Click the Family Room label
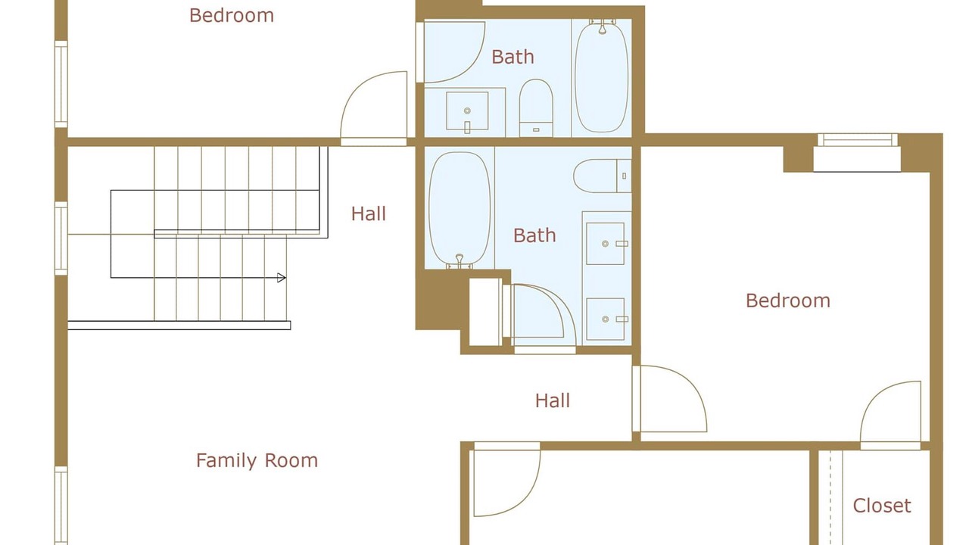257,461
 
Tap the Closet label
882,506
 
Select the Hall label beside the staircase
368,213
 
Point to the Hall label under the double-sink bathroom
553,400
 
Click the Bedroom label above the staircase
232,16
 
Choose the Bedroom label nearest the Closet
788,301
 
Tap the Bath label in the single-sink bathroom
513,57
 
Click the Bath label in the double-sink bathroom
534,235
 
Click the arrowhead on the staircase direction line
281,278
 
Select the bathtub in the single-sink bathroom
601,76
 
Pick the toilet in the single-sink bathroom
536,108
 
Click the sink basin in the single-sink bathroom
467,111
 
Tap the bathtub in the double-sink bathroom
460,209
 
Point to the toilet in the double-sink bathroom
602,176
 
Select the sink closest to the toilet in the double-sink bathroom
605,244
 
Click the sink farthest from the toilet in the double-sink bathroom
605,319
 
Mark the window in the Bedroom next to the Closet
858,140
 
